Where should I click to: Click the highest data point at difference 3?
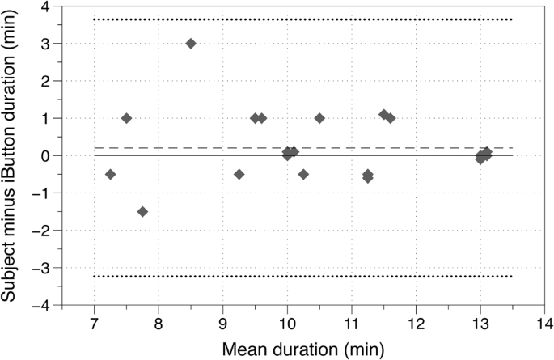pyautogui.click(x=191, y=43)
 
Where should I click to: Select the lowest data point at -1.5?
pyautogui.click(x=142, y=211)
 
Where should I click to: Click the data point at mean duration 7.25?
pyautogui.click(x=110, y=174)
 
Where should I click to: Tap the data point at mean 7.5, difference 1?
pyautogui.click(x=126, y=118)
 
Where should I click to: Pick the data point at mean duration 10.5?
pyautogui.click(x=319, y=118)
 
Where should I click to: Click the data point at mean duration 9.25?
pyautogui.click(x=239, y=174)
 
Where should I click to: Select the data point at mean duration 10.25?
pyautogui.click(x=303, y=174)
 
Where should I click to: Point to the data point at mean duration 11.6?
pyautogui.click(x=390, y=118)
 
